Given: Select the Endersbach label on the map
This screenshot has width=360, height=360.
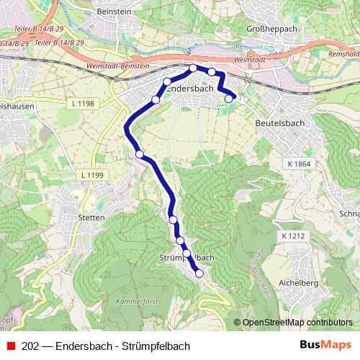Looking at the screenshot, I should tap(189, 89).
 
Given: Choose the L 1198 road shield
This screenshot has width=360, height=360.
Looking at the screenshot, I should tap(84, 104).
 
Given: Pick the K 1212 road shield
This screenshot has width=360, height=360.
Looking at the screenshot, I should tap(294, 236).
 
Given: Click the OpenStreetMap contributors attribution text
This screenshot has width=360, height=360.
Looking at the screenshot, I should tap(296, 322).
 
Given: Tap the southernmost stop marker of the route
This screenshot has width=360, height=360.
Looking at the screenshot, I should tap(199, 274).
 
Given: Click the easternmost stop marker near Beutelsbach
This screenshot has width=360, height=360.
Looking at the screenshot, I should tap(229, 99).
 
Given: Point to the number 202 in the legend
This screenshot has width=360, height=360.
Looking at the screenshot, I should tap(30, 346).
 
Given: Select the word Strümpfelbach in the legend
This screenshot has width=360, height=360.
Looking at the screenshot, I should tap(161, 346).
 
